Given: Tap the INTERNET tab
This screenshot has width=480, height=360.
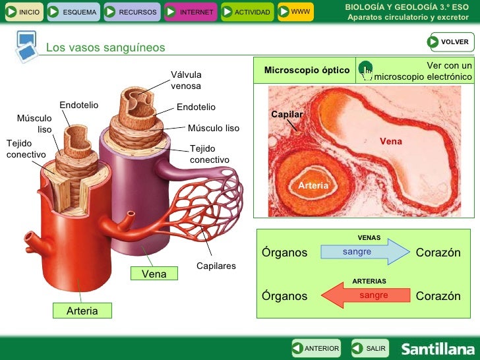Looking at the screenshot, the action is pyautogui.click(x=189, y=12).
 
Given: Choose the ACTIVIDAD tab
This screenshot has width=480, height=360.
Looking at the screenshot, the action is pyautogui.click(x=245, y=12).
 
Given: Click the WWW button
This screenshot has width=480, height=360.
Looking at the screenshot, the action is pyautogui.click(x=294, y=12).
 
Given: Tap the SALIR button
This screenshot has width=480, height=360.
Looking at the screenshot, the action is pyautogui.click(x=369, y=348).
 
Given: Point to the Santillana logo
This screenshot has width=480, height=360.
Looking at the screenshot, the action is pyautogui.click(x=438, y=349).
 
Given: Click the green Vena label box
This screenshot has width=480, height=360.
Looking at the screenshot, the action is pyautogui.click(x=154, y=273).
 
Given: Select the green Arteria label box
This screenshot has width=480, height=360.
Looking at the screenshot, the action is pyautogui.click(x=82, y=311).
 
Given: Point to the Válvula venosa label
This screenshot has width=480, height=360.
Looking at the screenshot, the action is pyautogui.click(x=186, y=80).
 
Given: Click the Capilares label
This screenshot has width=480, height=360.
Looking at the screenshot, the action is pyautogui.click(x=216, y=266).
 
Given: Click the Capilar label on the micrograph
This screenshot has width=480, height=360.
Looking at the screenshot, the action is pyautogui.click(x=287, y=115).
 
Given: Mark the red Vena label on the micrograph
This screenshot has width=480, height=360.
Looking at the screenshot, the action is pyautogui.click(x=390, y=141).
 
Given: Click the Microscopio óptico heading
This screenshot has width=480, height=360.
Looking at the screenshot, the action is pyautogui.click(x=307, y=70).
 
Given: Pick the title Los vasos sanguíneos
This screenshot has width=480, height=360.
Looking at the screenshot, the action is pyautogui.click(x=105, y=47).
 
